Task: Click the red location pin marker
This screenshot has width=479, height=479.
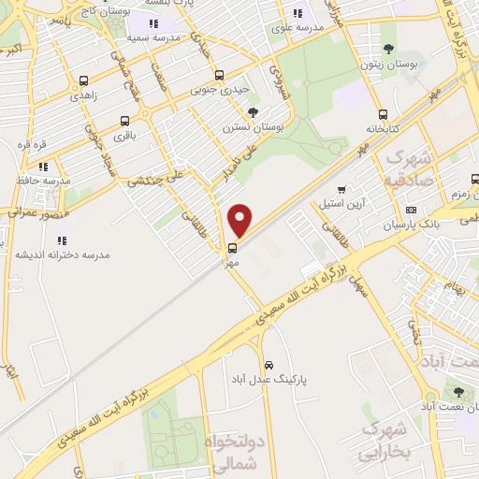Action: click(x=240, y=221)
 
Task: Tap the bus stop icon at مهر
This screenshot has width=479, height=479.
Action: click(x=232, y=248)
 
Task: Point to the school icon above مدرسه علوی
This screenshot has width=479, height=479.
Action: click(x=298, y=13)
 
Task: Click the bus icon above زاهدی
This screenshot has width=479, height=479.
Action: click(x=84, y=80)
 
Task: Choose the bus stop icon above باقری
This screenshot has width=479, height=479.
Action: click(x=125, y=121)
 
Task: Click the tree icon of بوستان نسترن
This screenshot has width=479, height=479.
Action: click(x=253, y=112)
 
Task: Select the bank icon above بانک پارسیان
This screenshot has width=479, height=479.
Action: click(x=411, y=210)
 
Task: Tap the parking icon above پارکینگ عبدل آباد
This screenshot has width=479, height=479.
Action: click(x=269, y=364)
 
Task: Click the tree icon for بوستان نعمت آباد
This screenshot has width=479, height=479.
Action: click(x=458, y=392)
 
